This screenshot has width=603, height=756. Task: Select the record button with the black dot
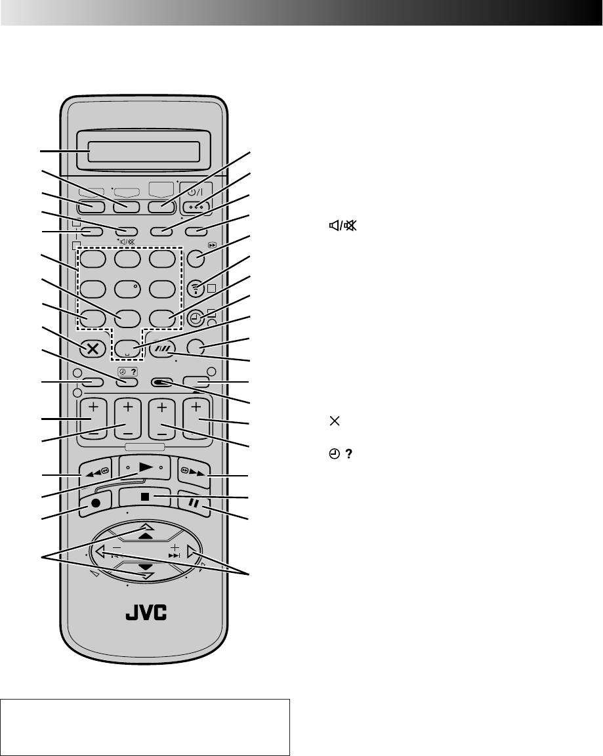click(x=96, y=511)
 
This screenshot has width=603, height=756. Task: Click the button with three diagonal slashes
click(x=162, y=348)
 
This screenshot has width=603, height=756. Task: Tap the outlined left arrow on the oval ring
click(x=100, y=553)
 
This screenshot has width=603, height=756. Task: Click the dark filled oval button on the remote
click(x=161, y=381)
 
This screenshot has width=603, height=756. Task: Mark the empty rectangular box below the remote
click(x=146, y=718)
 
